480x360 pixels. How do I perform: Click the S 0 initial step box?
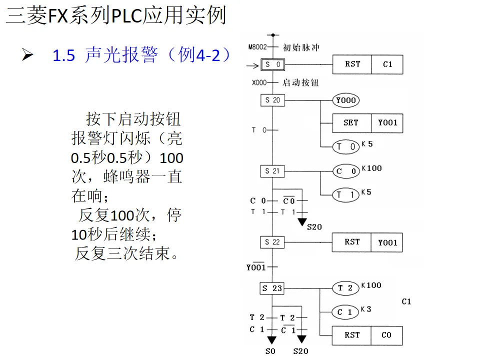pos(272,64)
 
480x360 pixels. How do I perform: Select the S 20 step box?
pos(272,100)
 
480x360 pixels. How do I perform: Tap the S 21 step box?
pos(272,171)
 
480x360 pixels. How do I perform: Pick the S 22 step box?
pos(272,242)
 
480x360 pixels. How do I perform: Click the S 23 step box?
pos(272,288)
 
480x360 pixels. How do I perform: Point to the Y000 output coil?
pos(346,100)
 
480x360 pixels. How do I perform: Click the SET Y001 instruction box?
pos(367,122)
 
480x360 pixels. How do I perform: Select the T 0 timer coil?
pos(346,146)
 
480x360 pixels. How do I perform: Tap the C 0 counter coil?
pos(346,171)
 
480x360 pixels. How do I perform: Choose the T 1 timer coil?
pos(346,194)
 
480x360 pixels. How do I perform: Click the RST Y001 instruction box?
pos(367,242)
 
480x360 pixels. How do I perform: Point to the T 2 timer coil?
pos(345,287)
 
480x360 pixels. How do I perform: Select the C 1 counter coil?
pos(345,312)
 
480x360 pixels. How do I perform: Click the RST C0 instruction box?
pos(367,335)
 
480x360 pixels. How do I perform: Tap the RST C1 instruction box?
pos(367,64)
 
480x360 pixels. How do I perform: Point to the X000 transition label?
pos(259,83)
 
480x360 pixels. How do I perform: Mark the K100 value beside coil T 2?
pos(371,285)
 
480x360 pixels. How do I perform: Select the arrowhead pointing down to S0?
pos(272,340)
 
